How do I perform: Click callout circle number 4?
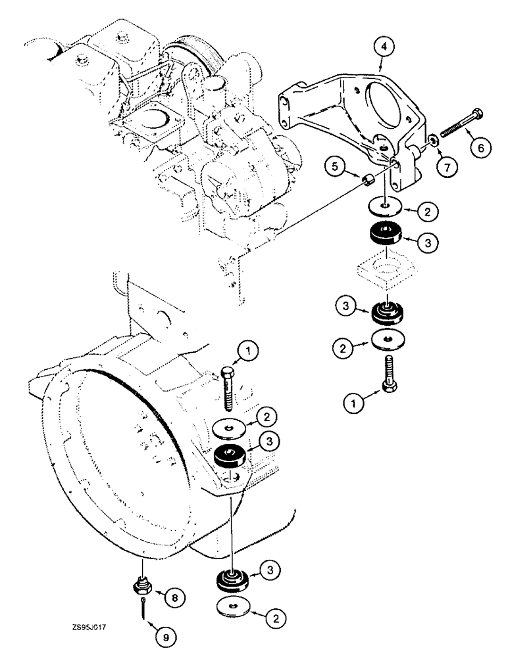[x=384, y=47]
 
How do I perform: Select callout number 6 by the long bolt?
[x=480, y=148]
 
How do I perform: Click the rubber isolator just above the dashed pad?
[x=384, y=234]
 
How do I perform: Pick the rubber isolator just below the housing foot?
[x=232, y=578]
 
